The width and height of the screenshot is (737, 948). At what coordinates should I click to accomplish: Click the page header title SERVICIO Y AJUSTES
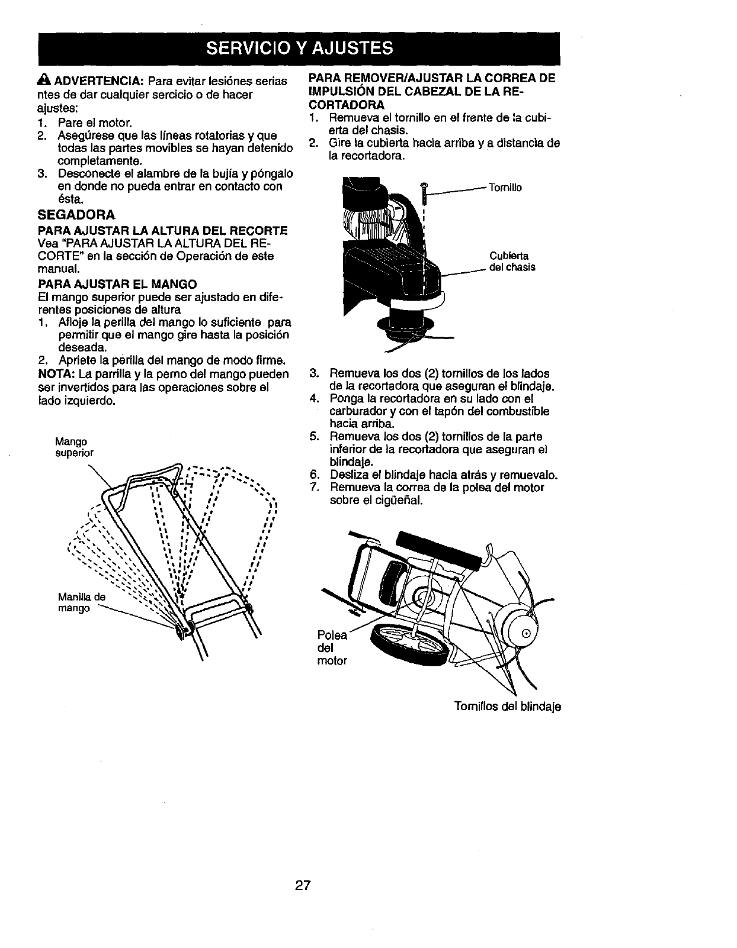click(299, 48)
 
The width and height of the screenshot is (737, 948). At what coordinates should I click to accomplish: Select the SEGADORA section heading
click(76, 214)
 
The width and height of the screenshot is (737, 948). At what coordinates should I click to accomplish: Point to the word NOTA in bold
click(55, 374)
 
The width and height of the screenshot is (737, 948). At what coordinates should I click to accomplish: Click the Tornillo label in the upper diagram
click(505, 188)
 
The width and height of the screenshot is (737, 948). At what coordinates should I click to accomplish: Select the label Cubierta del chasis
click(512, 262)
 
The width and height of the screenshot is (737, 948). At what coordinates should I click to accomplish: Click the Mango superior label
click(73, 447)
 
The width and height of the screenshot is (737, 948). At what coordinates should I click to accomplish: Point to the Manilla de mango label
click(81, 602)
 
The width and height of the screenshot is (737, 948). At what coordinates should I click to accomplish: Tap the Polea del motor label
click(332, 647)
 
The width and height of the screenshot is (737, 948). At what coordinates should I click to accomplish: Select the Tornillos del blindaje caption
click(507, 707)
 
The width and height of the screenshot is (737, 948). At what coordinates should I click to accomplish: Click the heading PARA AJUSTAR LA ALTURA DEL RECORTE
click(163, 230)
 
